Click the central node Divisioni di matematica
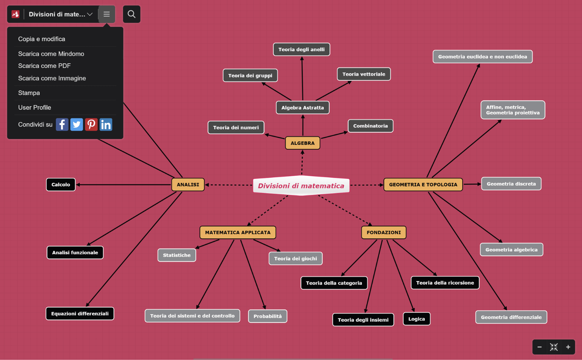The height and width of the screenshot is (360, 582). tap(301, 186)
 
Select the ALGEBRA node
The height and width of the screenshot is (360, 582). tap(302, 143)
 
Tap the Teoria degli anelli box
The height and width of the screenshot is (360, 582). tap(301, 49)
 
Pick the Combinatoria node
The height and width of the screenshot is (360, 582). tap(370, 126)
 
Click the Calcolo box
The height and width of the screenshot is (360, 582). tap(61, 185)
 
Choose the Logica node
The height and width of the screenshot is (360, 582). tap(416, 319)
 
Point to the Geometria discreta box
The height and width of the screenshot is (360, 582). tap(511, 184)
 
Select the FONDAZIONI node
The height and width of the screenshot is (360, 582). tap(383, 232)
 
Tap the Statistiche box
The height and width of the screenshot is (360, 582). tap(177, 255)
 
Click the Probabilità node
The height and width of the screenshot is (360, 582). tap(268, 316)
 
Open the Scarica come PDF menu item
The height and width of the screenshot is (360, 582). tap(44, 66)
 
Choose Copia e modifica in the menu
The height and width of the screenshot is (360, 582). tap(42, 39)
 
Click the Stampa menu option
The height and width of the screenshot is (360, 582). tap(29, 93)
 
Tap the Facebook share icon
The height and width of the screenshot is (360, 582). tap(62, 125)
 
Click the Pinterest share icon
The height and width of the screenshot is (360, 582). tap(91, 125)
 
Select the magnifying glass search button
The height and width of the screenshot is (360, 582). tap(131, 14)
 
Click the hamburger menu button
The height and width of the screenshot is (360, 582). tap(106, 14)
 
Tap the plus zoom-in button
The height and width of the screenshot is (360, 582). tap(568, 347)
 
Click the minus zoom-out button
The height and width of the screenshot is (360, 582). tap(540, 347)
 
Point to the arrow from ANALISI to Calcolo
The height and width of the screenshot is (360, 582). tap(124, 185)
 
